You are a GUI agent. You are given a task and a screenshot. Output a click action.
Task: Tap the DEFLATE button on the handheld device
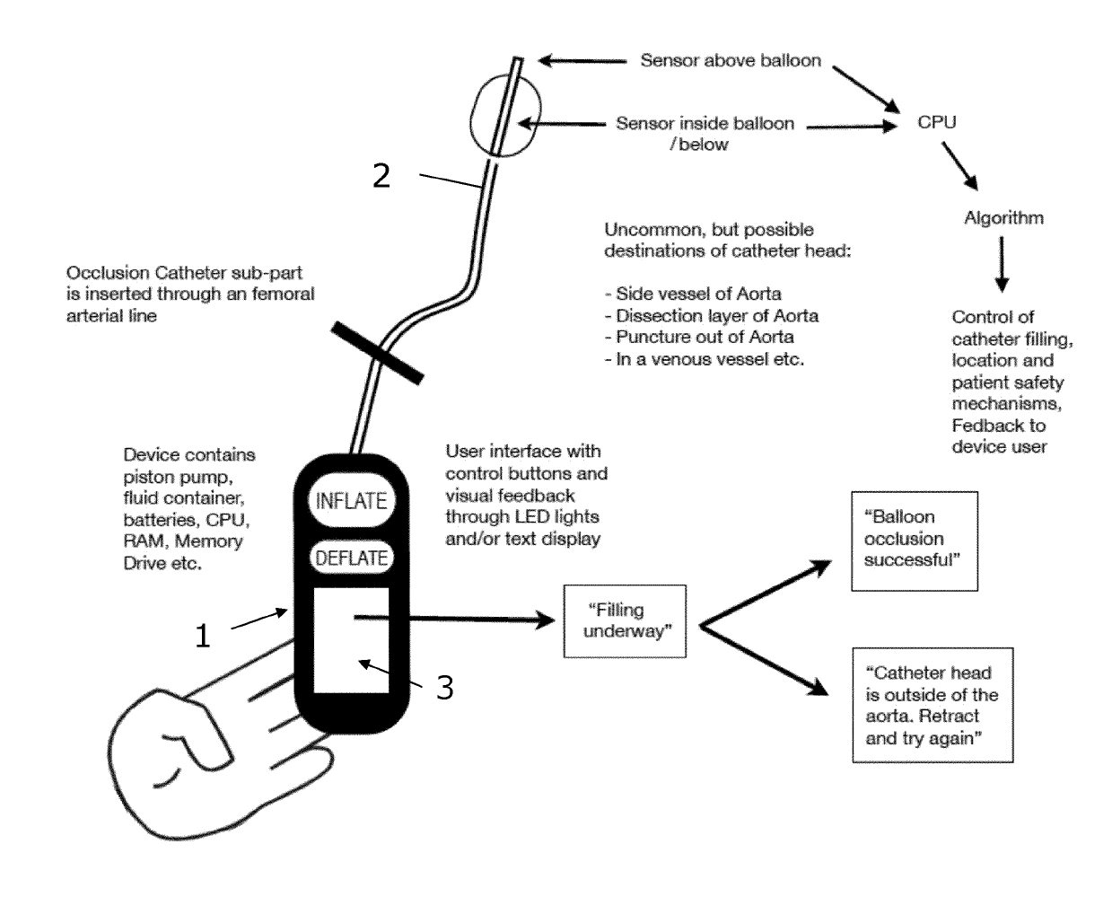(x=352, y=558)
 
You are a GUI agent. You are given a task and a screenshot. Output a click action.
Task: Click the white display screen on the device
(x=352, y=640)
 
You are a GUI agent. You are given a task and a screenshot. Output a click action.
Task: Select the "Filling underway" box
(x=625, y=621)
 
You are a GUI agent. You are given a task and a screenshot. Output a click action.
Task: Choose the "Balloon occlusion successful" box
(x=915, y=541)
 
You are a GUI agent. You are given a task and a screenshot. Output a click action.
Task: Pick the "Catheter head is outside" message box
(x=933, y=705)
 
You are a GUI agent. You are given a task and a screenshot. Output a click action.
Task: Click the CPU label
(x=937, y=122)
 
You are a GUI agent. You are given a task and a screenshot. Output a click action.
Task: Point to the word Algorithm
(x=1003, y=217)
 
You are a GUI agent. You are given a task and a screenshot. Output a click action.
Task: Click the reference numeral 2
(x=381, y=176)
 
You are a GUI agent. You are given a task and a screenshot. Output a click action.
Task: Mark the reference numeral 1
(x=203, y=636)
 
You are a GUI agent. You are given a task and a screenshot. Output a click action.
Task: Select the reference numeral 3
(x=445, y=688)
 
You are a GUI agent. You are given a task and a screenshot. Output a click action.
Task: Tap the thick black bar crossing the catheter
(x=377, y=353)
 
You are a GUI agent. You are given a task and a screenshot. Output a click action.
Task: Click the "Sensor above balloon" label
(x=731, y=60)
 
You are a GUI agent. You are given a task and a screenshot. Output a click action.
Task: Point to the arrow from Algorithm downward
(x=1002, y=264)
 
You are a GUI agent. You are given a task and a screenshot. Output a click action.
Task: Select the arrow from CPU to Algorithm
(x=959, y=166)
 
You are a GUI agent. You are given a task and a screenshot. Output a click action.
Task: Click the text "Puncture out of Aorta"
(x=699, y=337)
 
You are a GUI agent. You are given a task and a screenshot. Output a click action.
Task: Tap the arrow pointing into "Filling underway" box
(x=455, y=619)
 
